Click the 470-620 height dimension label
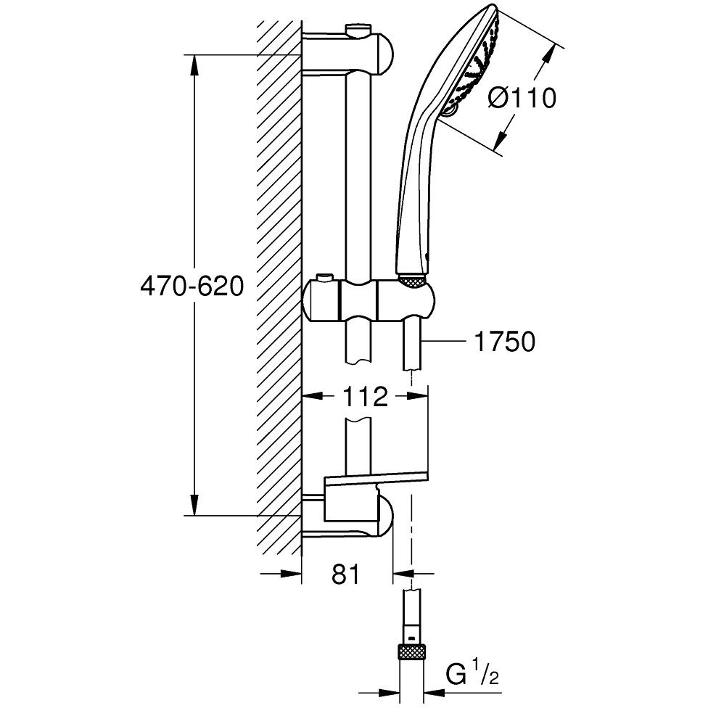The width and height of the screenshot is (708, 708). click(x=192, y=287)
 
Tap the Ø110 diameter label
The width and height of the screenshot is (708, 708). click(x=522, y=98)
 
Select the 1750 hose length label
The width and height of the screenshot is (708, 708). click(x=504, y=342)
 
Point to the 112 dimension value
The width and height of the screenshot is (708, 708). click(x=366, y=397)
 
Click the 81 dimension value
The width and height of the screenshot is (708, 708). click(x=346, y=575)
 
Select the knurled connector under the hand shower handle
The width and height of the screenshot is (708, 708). click(x=411, y=281)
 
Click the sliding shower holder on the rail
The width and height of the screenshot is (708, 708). click(x=369, y=300)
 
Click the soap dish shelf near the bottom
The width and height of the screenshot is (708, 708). click(x=376, y=477)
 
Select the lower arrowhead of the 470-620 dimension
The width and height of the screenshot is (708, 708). click(x=194, y=504)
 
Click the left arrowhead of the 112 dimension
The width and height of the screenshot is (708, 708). click(x=313, y=397)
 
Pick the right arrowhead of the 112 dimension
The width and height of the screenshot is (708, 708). click(x=417, y=397)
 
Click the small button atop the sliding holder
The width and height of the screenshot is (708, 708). click(x=324, y=276)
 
